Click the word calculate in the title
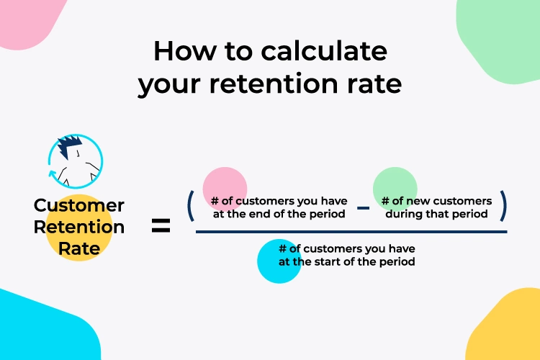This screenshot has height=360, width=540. click(x=324, y=51)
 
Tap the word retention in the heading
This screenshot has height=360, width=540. click(x=274, y=84)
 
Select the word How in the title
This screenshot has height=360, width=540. click(x=185, y=51)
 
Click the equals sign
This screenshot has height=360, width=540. click(x=161, y=225)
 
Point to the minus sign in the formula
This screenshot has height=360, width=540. click(x=363, y=208)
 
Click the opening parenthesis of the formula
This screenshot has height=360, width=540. click(x=191, y=206)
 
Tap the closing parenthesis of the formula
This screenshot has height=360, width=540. click(x=503, y=206)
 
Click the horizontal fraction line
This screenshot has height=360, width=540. click(x=351, y=232)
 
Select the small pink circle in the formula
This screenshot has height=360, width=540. click(x=225, y=189)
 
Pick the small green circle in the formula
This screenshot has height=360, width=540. click(x=395, y=189)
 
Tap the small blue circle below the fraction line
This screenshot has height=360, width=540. click(x=279, y=261)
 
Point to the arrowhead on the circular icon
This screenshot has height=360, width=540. click(x=53, y=174)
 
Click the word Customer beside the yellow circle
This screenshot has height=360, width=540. click(x=79, y=206)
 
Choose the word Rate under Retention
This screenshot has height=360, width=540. click(x=79, y=248)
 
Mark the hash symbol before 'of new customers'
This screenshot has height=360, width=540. click(x=385, y=201)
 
